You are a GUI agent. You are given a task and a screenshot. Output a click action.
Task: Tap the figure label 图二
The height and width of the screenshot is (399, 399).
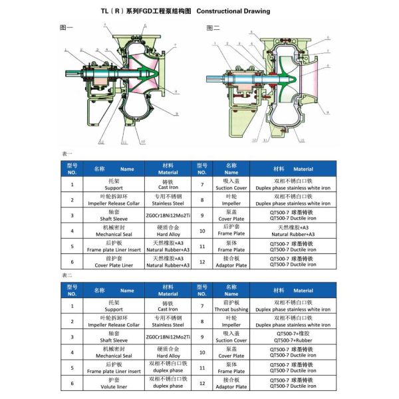[212, 28]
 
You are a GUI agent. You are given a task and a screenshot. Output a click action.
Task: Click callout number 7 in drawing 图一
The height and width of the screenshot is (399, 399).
[174, 46]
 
